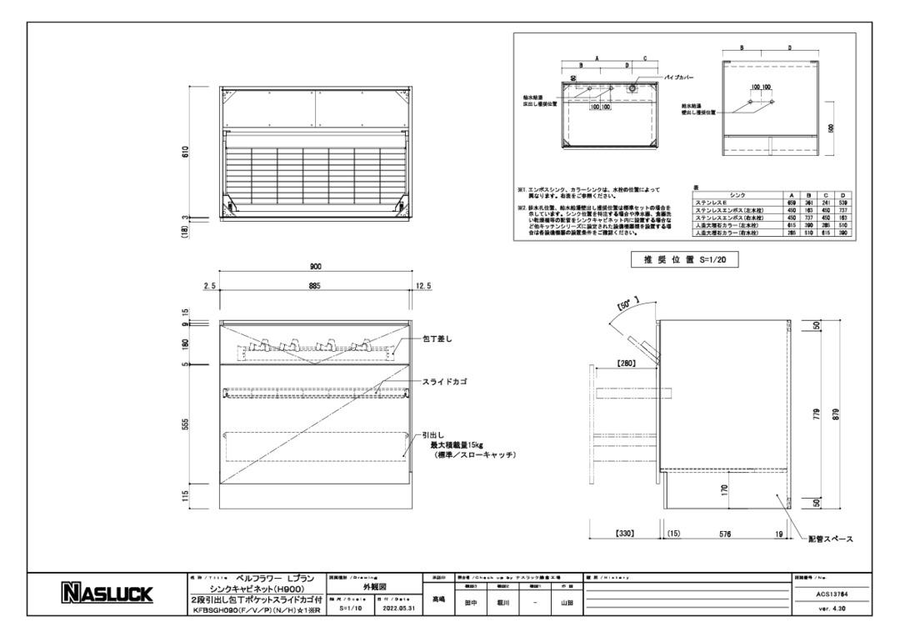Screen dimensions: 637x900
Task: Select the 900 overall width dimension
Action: coord(316,267)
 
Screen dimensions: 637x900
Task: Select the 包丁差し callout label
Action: coord(437,339)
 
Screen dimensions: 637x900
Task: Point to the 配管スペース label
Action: coord(830,539)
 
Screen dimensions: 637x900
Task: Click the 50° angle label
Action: coord(627,305)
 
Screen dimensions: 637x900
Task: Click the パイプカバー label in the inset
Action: coord(679,77)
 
